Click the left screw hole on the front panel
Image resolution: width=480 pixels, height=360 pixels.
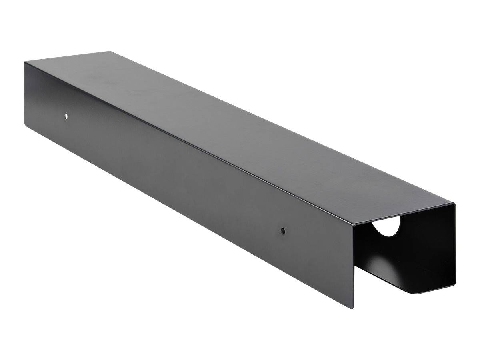(66, 116)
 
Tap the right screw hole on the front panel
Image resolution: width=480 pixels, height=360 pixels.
(283, 230)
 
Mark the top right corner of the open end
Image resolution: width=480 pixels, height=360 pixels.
(455, 205)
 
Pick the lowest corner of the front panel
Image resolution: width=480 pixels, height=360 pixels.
(353, 308)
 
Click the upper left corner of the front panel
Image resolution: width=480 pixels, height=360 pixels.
(25, 62)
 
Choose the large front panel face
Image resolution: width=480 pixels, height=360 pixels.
(180, 180)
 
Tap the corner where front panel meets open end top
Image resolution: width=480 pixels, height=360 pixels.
(354, 225)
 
